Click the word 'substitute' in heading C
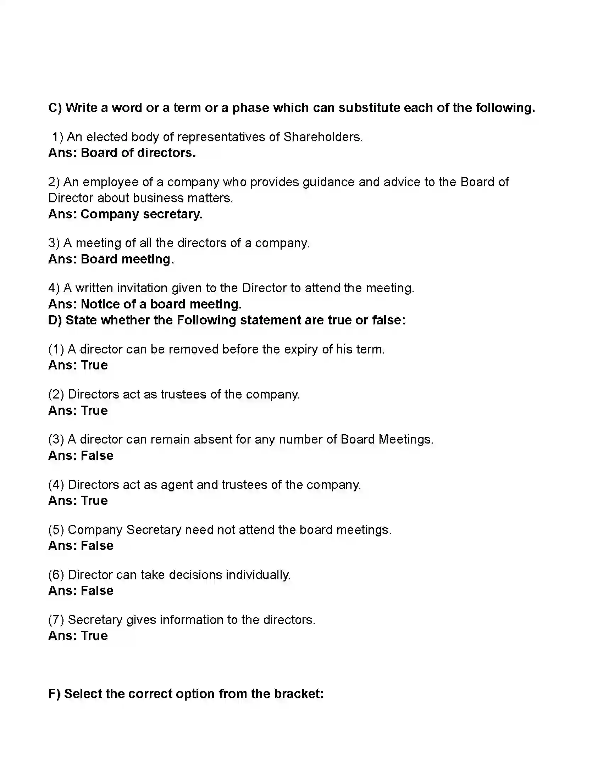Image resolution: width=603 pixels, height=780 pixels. pos(369,108)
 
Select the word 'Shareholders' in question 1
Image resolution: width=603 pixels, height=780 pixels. pos(322,137)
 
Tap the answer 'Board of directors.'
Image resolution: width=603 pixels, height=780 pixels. pos(138,153)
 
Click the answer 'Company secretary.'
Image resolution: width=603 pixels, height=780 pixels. pos(142,214)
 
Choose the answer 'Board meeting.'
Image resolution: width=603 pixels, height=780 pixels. pos(127,259)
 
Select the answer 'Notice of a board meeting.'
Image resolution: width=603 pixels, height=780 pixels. pos(161,304)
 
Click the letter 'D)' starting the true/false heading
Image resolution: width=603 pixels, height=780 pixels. pos(55,321)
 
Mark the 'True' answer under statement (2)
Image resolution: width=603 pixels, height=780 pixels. pos(94,411)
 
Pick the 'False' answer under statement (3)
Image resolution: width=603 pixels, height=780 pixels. pos(97,456)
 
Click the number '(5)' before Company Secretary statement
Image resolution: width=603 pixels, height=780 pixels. pos(56,530)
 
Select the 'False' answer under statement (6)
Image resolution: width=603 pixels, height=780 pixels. pos(97,591)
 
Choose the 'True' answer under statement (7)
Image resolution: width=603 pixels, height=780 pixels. pos(94,636)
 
